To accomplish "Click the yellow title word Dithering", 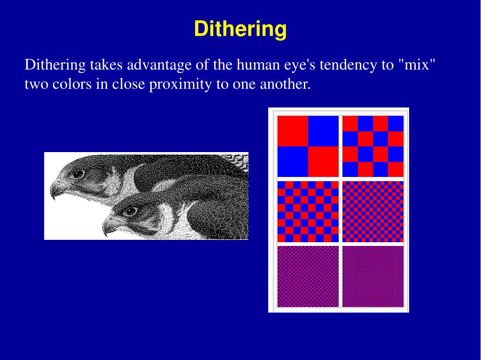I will [240, 29].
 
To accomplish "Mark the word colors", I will [65, 85].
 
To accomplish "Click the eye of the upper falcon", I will [78, 174].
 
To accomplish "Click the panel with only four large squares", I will [308, 146].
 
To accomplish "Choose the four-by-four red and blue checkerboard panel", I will [373, 146].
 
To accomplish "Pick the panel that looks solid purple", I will [373, 276].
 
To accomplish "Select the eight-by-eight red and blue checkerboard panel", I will [308, 211].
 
